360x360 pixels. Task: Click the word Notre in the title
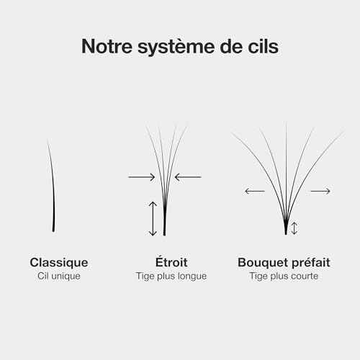107,46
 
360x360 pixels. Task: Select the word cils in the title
264,46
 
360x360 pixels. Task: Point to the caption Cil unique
59,276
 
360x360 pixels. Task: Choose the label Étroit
171,262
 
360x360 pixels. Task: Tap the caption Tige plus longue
171,276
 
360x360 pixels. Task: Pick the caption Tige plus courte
284,276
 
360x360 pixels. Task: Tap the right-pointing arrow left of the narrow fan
142,177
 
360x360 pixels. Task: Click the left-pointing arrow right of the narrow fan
188,177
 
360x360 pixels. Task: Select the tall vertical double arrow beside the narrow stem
153,219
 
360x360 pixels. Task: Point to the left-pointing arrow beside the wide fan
255,192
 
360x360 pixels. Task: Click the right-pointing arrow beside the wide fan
320,192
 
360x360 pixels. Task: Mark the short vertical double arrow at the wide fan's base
294,228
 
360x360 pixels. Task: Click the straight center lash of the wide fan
286,179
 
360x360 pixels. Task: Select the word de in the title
230,46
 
